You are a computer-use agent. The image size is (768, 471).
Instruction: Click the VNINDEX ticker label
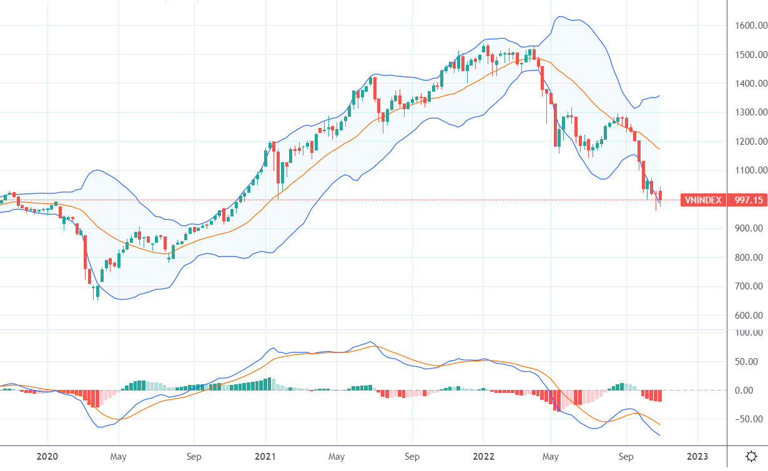click(702, 200)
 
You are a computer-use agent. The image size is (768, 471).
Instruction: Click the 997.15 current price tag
click(749, 200)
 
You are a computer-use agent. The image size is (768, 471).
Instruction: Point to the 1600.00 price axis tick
click(750, 26)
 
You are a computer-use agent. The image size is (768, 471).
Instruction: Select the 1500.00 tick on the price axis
click(750, 55)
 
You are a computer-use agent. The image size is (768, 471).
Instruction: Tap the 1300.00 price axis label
click(750, 112)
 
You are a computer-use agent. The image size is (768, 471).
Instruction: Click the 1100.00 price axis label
click(750, 170)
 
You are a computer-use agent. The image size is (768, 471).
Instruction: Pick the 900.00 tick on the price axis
click(750, 228)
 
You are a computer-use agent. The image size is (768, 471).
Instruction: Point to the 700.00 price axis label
click(750, 286)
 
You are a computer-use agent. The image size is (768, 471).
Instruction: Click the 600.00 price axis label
click(750, 316)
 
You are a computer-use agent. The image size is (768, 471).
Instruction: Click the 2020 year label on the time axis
click(47, 456)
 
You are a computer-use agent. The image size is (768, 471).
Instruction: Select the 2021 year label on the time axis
click(266, 456)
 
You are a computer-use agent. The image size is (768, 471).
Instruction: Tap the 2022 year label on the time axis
click(484, 456)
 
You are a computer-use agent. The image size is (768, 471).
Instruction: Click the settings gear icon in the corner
click(752, 455)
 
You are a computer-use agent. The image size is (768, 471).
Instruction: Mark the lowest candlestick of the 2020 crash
click(97, 291)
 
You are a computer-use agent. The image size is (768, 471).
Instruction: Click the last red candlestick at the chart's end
click(661, 195)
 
